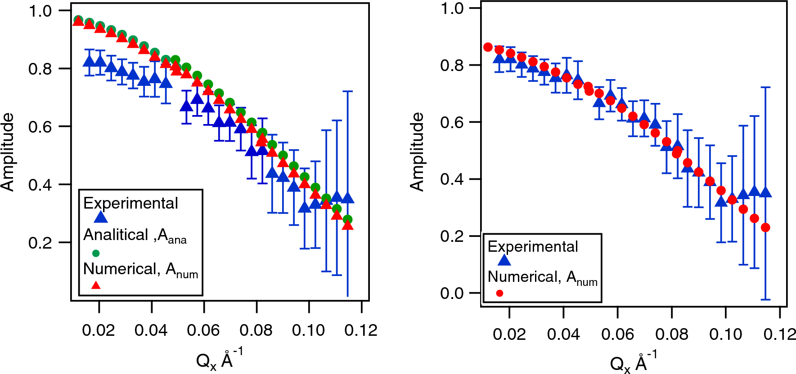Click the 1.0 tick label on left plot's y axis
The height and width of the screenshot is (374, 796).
click(40, 11)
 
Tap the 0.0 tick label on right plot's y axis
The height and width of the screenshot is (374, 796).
click(452, 293)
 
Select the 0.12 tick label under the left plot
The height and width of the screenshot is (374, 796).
click(360, 330)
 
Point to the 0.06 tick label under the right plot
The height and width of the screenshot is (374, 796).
click(617, 334)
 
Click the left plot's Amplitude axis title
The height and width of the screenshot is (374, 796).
click(8, 152)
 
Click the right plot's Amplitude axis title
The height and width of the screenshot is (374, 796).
click(418, 152)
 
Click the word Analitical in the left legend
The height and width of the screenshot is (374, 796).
click(116, 235)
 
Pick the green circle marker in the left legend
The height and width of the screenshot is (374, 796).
click(96, 253)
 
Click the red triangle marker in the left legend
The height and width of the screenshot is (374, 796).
click(96, 285)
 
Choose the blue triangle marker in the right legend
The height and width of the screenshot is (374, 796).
click(504, 260)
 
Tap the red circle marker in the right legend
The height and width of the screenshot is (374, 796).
click(499, 293)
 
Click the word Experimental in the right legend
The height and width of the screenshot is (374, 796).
click(533, 246)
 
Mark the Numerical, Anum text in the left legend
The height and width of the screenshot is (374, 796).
click(140, 269)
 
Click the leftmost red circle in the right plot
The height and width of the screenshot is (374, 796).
click(488, 47)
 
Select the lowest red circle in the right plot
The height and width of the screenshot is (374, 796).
click(765, 227)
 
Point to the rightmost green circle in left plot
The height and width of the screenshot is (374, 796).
click(347, 219)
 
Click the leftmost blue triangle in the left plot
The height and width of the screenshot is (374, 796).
click(90, 61)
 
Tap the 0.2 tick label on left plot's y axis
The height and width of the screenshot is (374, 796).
click(40, 243)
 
